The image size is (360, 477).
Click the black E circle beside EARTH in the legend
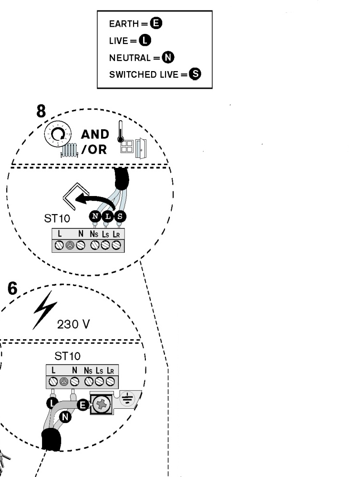tap(156, 23)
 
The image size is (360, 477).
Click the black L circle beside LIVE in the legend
tap(145, 40)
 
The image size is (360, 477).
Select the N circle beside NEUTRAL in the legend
tap(168, 57)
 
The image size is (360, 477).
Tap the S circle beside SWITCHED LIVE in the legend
tap(195, 74)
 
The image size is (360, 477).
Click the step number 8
tap(41, 111)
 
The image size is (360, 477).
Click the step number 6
tap(12, 288)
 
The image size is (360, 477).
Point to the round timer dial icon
tap(58, 134)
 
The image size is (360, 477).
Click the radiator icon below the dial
tap(69, 150)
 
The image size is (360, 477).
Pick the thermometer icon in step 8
tap(121, 132)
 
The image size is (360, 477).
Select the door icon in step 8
tap(141, 148)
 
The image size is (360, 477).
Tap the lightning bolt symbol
tap(45, 310)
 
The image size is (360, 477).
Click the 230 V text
tap(73, 324)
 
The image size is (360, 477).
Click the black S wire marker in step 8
tap(120, 216)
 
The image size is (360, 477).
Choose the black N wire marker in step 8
tap(95, 216)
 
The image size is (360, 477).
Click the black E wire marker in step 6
tap(82, 405)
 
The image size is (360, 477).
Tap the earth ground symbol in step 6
tap(127, 398)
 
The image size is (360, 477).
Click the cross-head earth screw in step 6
tap(100, 405)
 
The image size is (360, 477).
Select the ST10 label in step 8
tap(57, 218)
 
